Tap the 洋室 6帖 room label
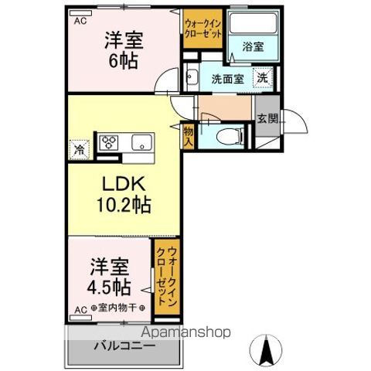(x=124, y=51)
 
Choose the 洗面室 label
(x=227, y=78)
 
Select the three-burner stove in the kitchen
(x=110, y=142)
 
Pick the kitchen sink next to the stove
(x=141, y=142)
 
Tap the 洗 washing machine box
(x=263, y=77)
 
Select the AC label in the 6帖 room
(x=79, y=22)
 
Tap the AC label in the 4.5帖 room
(x=79, y=310)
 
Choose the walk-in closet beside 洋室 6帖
(x=203, y=29)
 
